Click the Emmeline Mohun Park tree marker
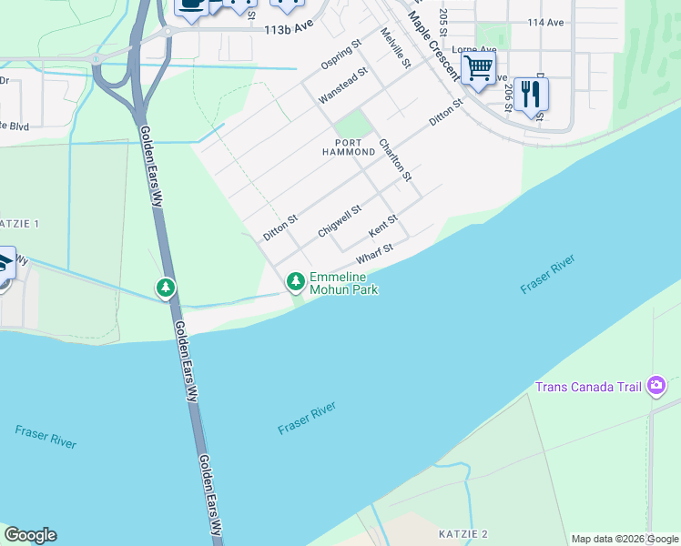pyautogui.click(x=295, y=282)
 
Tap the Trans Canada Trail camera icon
pyautogui.click(x=656, y=387)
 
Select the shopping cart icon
pyautogui.click(x=478, y=67)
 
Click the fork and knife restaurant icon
pyautogui.click(x=530, y=93)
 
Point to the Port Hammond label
pyautogui.click(x=355, y=148)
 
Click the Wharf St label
pyautogui.click(x=374, y=254)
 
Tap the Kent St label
pyautogui.click(x=383, y=226)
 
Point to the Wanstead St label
pyautogui.click(x=342, y=85)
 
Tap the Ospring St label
pyautogui.click(x=341, y=55)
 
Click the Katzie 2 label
pyautogui.click(x=462, y=533)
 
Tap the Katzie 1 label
pyautogui.click(x=20, y=223)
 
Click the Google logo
pyautogui.click(x=30, y=535)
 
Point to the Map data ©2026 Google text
pyautogui.click(x=625, y=539)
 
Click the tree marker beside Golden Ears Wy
pyautogui.click(x=165, y=288)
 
